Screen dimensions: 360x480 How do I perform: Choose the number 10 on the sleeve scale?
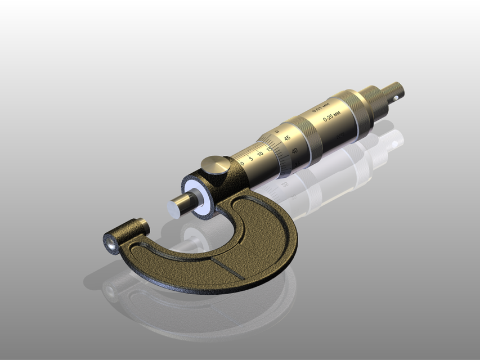260,153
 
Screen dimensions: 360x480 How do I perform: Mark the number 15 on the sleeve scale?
270,148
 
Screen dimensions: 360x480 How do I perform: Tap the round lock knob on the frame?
216,166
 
